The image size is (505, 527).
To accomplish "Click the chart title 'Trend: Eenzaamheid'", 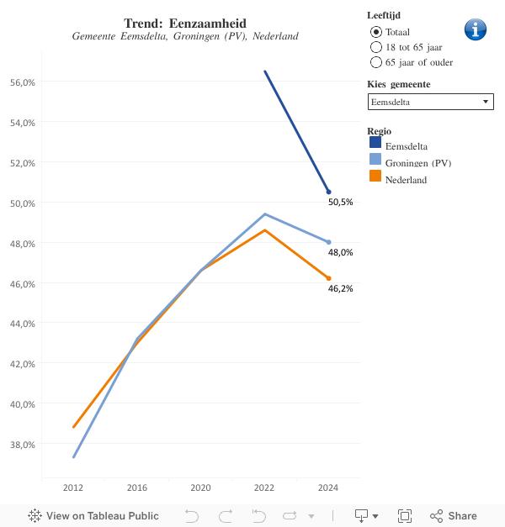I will pyautogui.click(x=185, y=23).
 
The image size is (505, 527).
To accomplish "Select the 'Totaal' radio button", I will pyautogui.click(x=376, y=31).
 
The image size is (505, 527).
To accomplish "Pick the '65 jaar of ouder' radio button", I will pyautogui.click(x=376, y=61).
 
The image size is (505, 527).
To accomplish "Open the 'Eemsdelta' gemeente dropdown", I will pyautogui.click(x=430, y=102).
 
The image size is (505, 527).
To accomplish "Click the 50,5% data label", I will pyautogui.click(x=340, y=203).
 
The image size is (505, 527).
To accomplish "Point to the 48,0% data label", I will pyautogui.click(x=340, y=252).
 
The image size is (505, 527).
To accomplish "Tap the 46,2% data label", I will pyautogui.click(x=340, y=288).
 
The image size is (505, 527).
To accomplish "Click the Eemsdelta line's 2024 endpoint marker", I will pyautogui.click(x=328, y=192).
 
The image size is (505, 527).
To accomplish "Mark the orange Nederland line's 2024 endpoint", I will pyautogui.click(x=328, y=278).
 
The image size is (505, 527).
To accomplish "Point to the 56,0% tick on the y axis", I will pyautogui.click(x=22, y=82).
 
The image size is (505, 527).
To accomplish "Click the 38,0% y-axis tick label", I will pyautogui.click(x=22, y=444).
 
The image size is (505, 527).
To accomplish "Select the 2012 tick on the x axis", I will pyautogui.click(x=73, y=487).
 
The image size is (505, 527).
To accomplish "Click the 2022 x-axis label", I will pyautogui.click(x=264, y=487).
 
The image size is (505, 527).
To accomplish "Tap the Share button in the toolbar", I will pyautogui.click(x=454, y=516).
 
